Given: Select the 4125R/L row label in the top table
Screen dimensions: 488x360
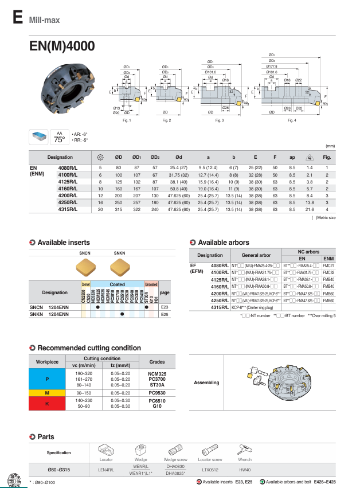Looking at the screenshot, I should click(x=68, y=181).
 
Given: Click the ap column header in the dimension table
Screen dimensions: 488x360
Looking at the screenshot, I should click(x=291, y=157).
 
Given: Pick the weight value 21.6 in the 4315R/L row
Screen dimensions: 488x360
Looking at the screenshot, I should click(x=309, y=210).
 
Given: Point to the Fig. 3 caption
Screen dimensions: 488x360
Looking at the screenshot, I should click(x=219, y=120).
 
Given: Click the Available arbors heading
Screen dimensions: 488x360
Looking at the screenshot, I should click(x=223, y=243).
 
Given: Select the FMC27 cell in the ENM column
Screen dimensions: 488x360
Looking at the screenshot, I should click(x=328, y=266).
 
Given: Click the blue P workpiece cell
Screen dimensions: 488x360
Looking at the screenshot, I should click(x=47, y=379).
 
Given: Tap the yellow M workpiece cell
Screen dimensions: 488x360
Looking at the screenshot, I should click(x=47, y=392).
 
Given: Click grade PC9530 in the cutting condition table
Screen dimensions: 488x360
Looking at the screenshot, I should click(x=157, y=392).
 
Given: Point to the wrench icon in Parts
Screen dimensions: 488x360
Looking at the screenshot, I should click(x=248, y=451).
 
